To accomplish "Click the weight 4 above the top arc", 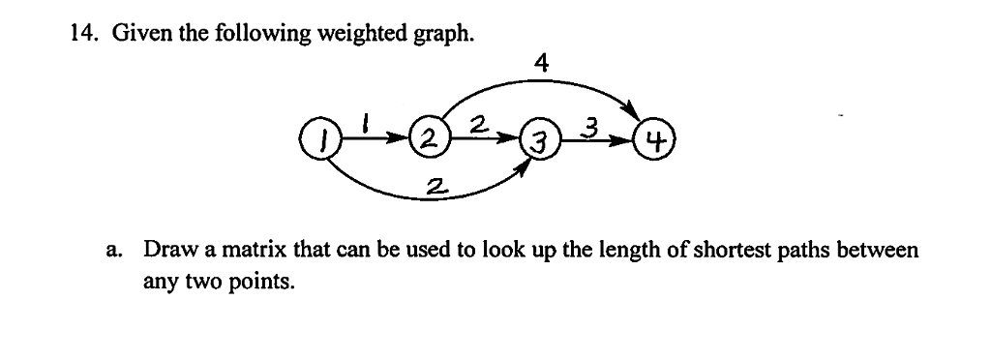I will click(541, 64).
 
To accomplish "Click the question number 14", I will click(82, 35).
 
